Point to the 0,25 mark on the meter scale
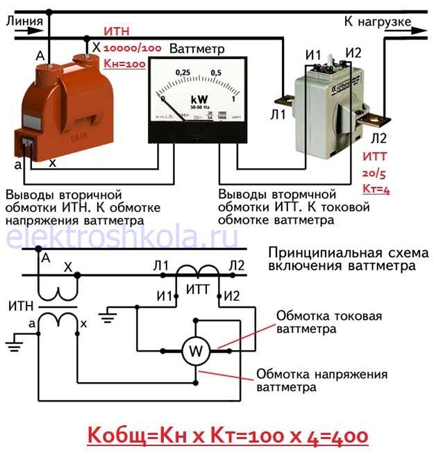click(x=183, y=72)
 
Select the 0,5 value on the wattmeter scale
click(x=216, y=72)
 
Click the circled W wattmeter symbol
click(x=194, y=351)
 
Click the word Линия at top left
click(x=24, y=21)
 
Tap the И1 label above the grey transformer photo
click(x=312, y=55)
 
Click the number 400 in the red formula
click(x=346, y=436)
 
